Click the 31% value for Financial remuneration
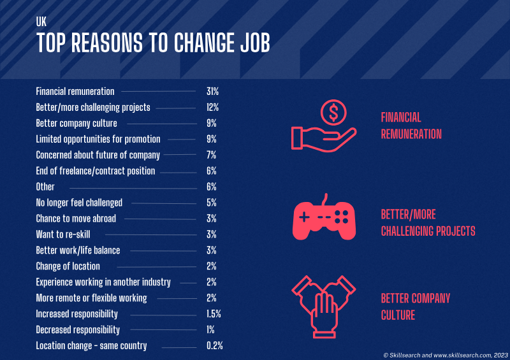click(212, 91)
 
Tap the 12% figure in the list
click(212, 107)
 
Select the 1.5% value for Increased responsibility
click(214, 314)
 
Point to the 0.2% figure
click(215, 345)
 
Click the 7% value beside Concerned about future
click(212, 155)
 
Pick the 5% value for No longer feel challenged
click(212, 203)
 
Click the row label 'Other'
click(45, 187)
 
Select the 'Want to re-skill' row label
click(63, 234)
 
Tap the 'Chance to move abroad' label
click(76, 219)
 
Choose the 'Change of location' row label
click(68, 266)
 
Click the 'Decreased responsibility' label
click(78, 330)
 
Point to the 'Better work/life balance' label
click(78, 250)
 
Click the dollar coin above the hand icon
click(333, 112)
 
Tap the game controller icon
click(324, 217)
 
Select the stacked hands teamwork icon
click(324, 307)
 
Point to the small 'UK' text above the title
click(41, 22)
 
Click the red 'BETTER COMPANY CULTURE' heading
click(416, 306)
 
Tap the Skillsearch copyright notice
click(446, 355)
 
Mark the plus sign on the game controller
click(304, 217)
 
